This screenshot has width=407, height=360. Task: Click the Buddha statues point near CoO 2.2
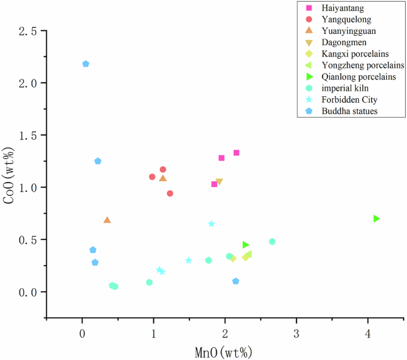point(86,64)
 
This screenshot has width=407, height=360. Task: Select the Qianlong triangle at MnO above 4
point(376,219)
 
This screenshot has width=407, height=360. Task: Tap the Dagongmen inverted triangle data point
point(219,182)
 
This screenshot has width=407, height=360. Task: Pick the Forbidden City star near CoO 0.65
point(212,224)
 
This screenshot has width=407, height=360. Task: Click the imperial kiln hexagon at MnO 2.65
point(272,242)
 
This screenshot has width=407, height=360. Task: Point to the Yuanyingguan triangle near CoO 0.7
point(107,220)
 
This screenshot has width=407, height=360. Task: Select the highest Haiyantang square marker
point(236,153)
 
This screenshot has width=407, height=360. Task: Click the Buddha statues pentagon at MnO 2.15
point(236,281)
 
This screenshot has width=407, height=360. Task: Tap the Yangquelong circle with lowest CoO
point(170,193)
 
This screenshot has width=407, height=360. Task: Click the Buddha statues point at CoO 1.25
point(98,161)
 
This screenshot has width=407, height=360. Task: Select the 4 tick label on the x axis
point(368,331)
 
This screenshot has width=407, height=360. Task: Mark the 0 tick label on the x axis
point(82,331)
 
